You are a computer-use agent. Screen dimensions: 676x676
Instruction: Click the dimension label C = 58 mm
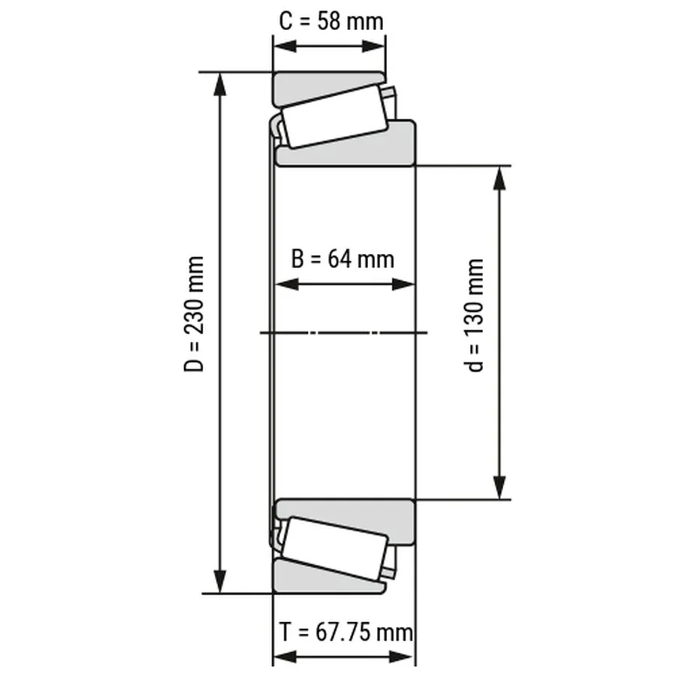click(x=331, y=22)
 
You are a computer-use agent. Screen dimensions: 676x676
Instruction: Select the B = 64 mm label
click(x=343, y=259)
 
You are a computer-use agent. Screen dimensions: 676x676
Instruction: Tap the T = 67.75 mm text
click(x=346, y=632)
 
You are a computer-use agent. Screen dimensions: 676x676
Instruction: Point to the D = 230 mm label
click(x=194, y=313)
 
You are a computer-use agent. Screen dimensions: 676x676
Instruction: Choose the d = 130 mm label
click(x=475, y=315)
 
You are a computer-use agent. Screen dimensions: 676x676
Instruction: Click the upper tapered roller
click(x=335, y=117)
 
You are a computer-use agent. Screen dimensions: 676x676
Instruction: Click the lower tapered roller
click(x=335, y=548)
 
